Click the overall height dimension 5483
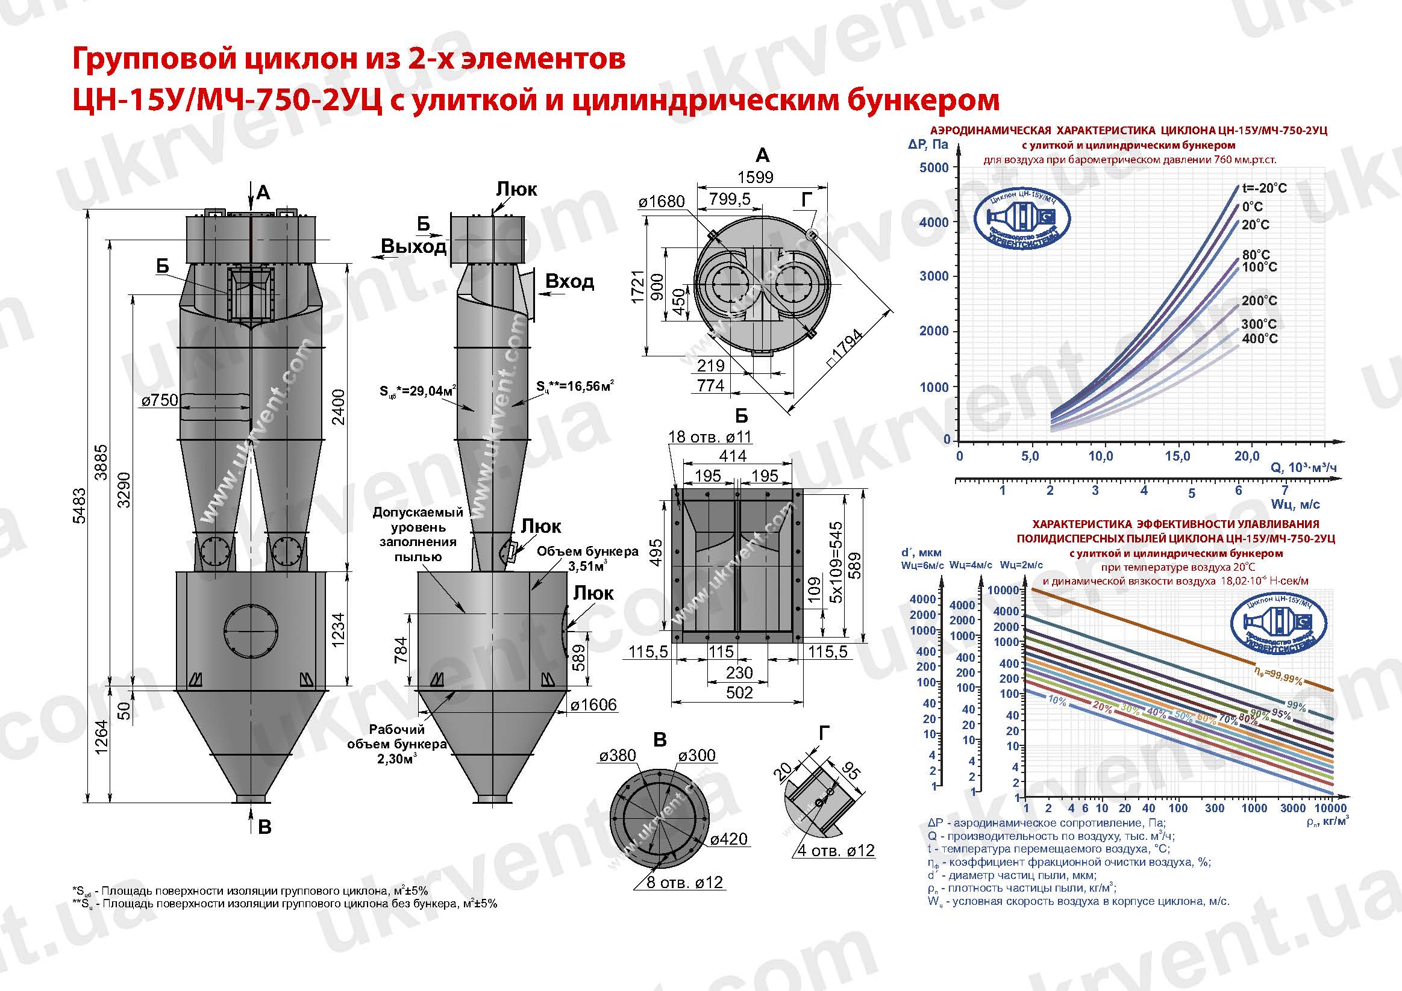coord(80,505)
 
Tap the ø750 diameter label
coord(160,400)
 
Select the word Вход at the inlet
coord(569,281)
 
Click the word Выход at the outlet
coord(413,246)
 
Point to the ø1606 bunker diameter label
coord(593,705)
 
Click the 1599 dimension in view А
coord(756,177)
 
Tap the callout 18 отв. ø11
coord(710,437)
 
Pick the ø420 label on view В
coord(729,839)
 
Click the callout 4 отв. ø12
coord(836,850)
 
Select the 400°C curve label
coord(1259,339)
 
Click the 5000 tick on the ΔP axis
coord(934,167)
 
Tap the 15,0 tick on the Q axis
coord(1177,456)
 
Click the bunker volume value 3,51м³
coord(587,566)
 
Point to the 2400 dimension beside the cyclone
coord(337,407)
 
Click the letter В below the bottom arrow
coord(264,827)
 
